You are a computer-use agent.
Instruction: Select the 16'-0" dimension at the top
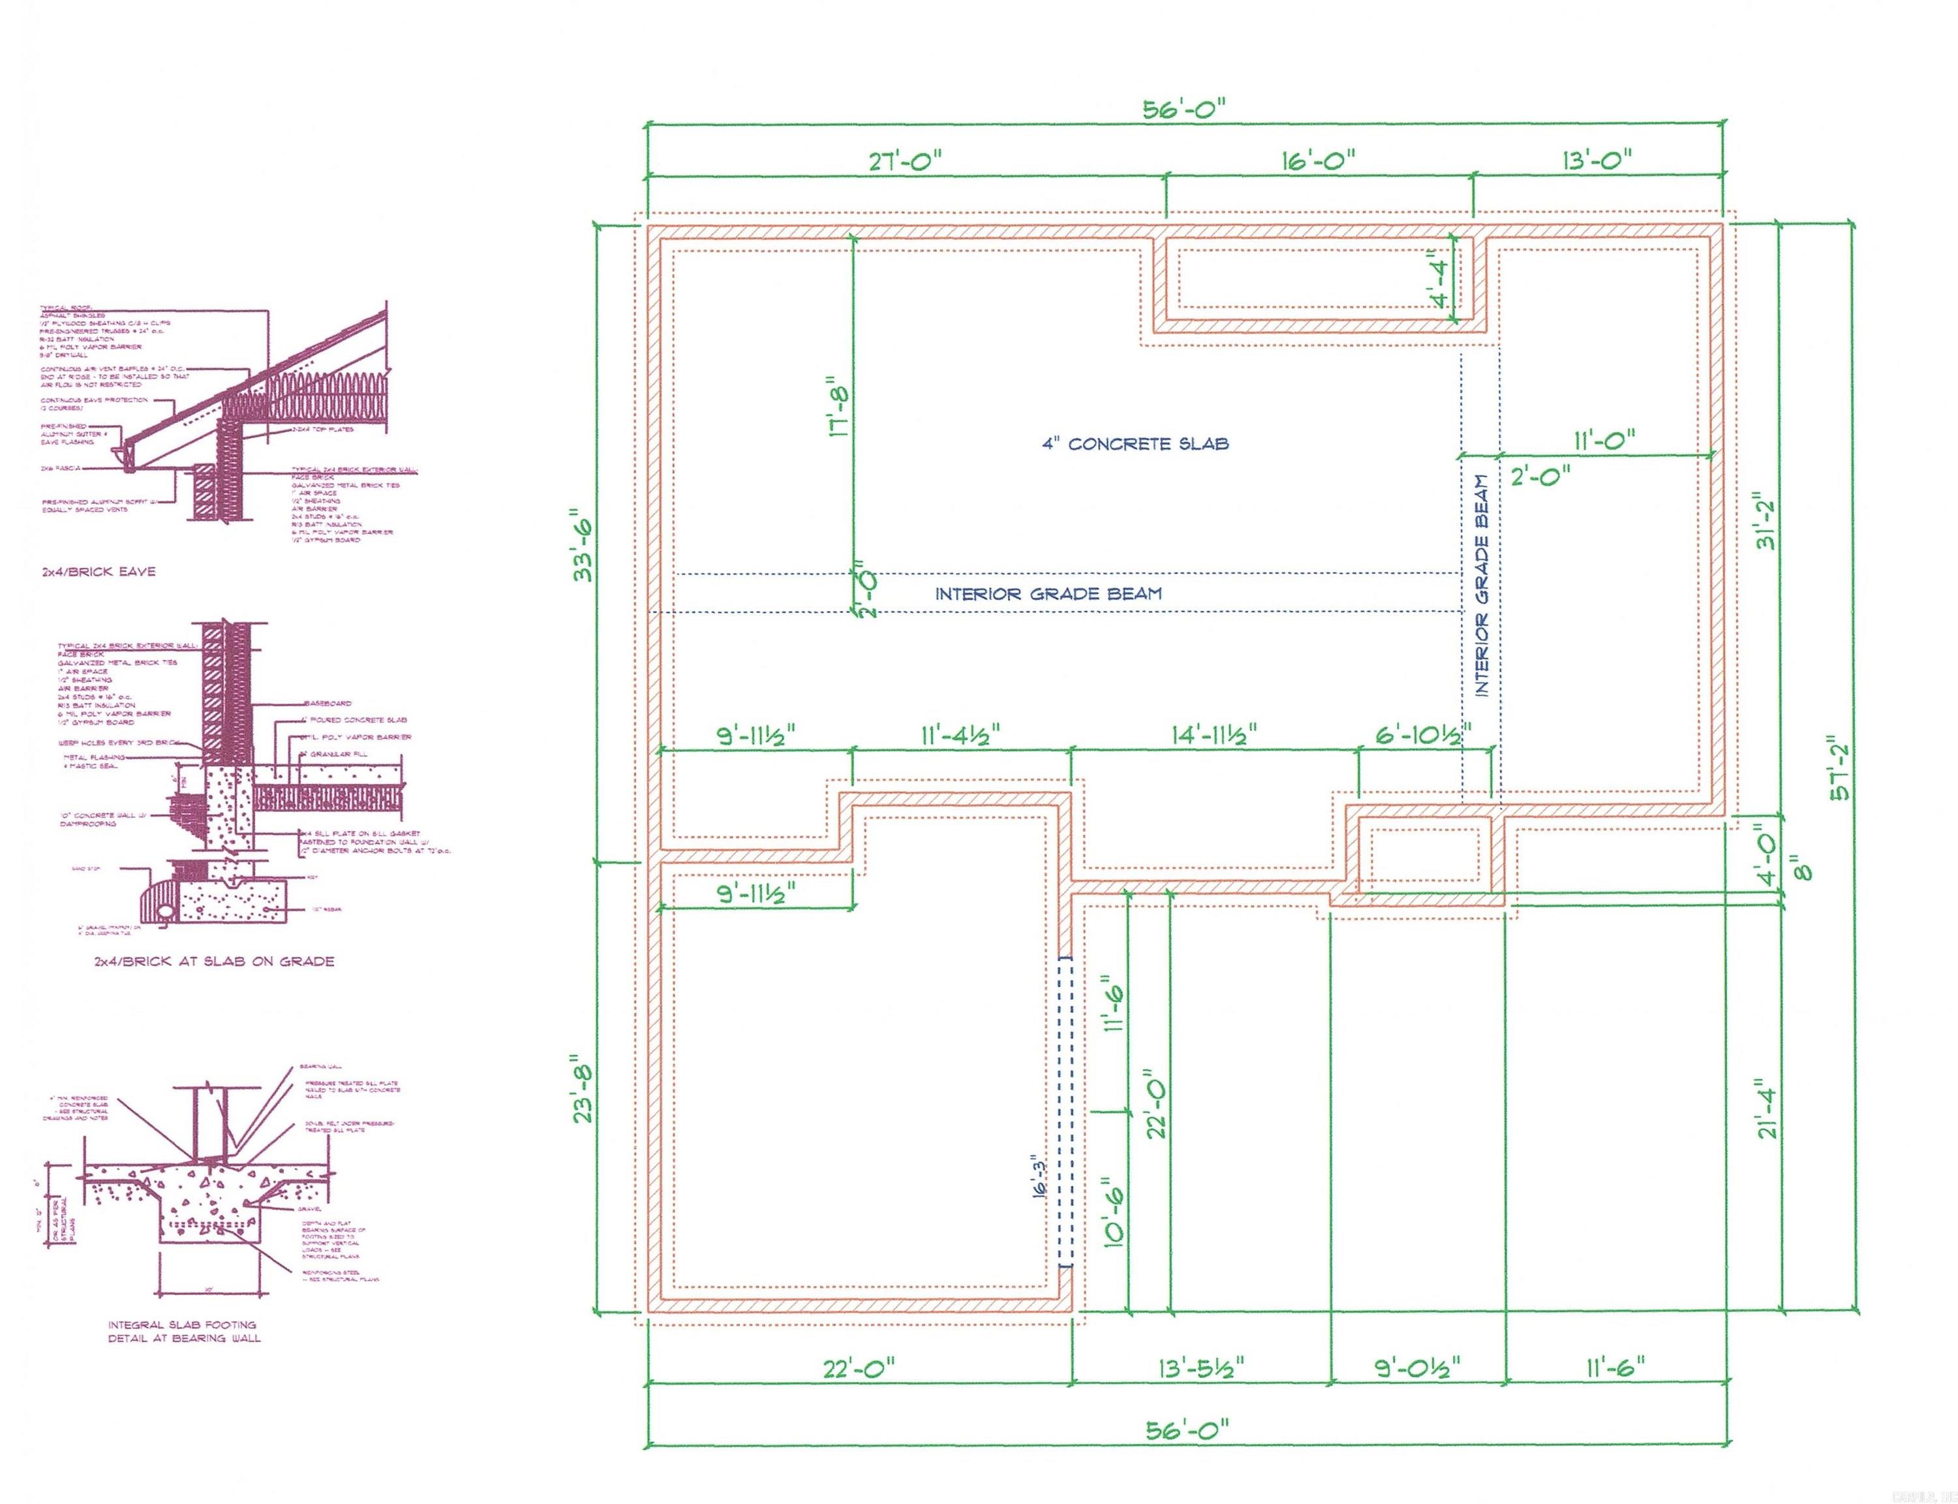coord(1317,162)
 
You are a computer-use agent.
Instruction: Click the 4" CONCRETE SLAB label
coord(1135,444)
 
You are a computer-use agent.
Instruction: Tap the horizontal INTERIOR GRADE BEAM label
coord(1048,593)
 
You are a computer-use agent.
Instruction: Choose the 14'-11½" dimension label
coord(1214,735)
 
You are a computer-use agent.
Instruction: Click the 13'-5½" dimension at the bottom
coord(1200,1368)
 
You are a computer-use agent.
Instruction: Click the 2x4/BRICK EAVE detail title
coord(99,571)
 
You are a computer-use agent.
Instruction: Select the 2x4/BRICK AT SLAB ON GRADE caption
coord(214,962)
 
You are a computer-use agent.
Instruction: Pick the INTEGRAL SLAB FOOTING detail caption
coord(183,1331)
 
